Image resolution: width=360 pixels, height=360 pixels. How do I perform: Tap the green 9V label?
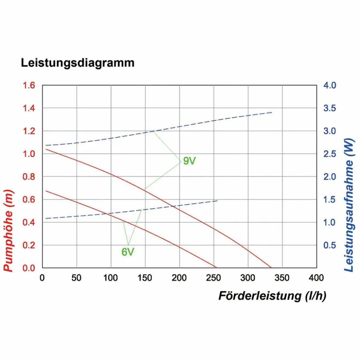189,161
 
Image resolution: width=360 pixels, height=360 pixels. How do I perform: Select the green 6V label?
128,252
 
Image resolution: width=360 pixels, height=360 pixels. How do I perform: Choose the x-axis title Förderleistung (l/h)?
272,296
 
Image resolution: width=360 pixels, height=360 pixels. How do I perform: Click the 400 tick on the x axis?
316,278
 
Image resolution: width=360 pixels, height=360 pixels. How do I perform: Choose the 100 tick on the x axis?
111,278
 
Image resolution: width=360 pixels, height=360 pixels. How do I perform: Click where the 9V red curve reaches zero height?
271,267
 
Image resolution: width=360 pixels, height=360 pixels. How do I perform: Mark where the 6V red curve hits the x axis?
216,267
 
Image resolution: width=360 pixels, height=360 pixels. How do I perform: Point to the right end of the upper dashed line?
272,112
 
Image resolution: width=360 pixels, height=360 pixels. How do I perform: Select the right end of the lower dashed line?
217,201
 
